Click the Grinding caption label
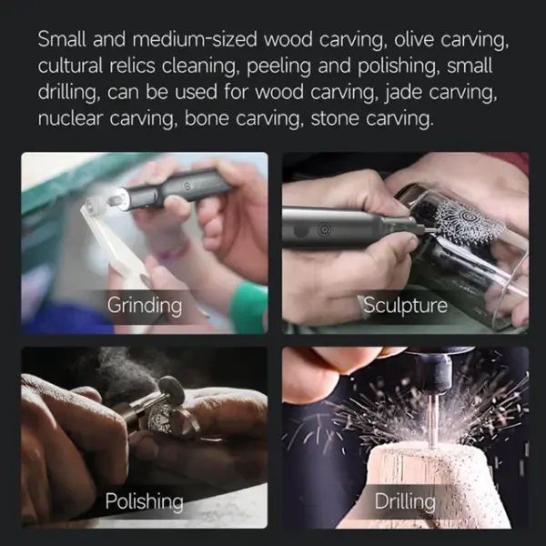tap(145, 306)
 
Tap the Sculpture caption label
tap(405, 305)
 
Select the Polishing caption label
tap(144, 501)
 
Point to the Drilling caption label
tap(405, 501)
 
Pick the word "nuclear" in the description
tap(70, 118)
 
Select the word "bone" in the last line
tap(207, 118)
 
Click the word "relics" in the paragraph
tap(132, 66)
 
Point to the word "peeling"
tap(278, 66)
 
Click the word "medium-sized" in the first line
tap(195, 39)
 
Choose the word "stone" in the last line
tap(335, 118)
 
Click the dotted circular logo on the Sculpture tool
tap(325, 229)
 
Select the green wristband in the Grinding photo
tap(249, 306)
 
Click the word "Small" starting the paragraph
tap(62, 39)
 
